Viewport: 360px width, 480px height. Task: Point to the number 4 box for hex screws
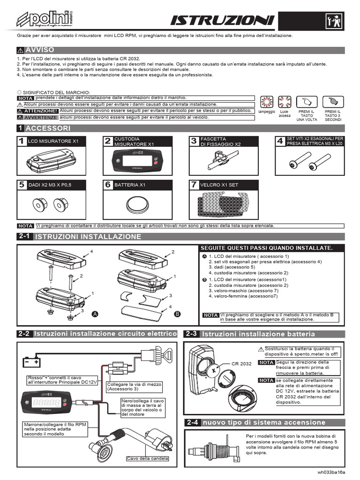280,141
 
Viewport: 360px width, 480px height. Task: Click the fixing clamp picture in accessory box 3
218,161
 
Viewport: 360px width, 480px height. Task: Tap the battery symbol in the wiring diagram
31,362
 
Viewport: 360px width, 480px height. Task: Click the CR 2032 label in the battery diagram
242,364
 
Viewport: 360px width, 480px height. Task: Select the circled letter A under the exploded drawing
95,313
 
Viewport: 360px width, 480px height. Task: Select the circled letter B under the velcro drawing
177,314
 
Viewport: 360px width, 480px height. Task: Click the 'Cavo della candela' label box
147,458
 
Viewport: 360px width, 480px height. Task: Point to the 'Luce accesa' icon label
285,113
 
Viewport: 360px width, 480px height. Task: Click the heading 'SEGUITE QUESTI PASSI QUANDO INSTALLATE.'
266,248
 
